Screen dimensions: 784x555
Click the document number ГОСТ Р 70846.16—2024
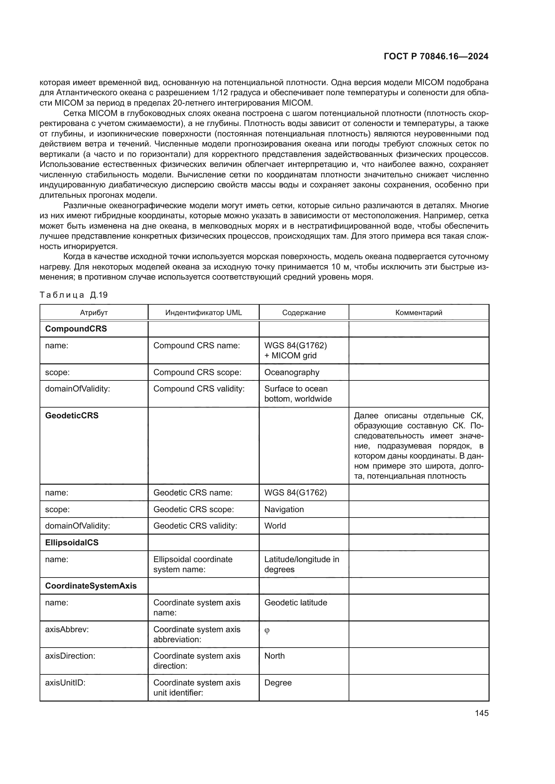click(x=436, y=56)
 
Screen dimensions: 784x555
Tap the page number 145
click(x=481, y=713)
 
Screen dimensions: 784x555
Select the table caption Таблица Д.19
click(x=73, y=295)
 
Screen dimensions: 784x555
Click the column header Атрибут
click(x=94, y=312)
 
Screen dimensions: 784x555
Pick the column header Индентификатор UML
click(x=203, y=312)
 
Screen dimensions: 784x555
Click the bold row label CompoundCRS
click(x=76, y=328)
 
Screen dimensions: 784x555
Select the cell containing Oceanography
click(x=292, y=372)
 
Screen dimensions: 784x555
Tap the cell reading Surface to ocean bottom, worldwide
click(x=298, y=394)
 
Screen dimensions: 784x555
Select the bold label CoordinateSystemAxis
click(x=91, y=586)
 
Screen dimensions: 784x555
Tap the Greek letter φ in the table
click(x=267, y=630)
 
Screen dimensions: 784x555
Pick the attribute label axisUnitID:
click(x=65, y=682)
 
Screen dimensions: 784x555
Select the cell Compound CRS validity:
click(x=199, y=388)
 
